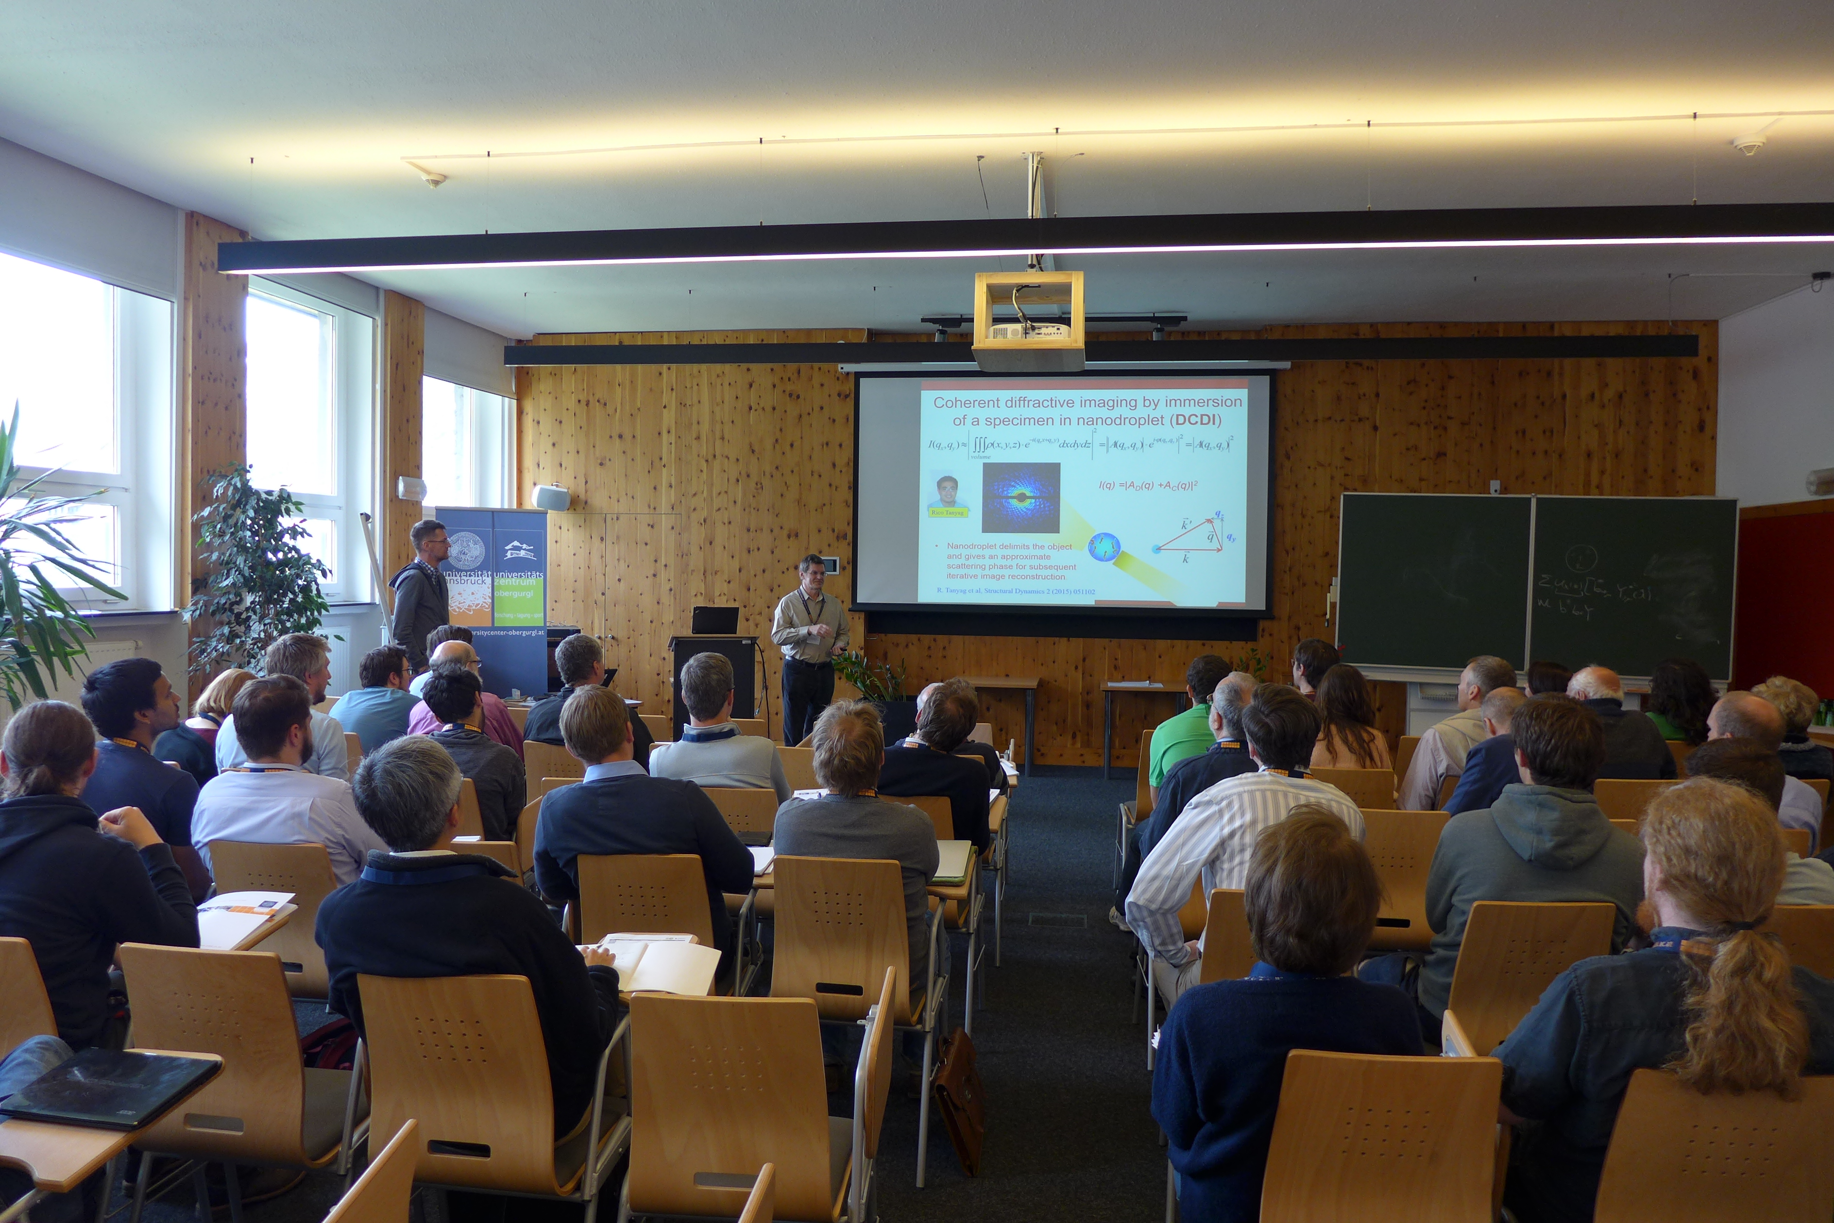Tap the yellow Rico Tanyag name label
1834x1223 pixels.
tap(948, 512)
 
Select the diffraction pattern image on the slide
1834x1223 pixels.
tap(1021, 497)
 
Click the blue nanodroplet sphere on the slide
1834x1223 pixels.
tap(1104, 547)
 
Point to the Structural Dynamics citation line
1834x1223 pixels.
tap(1015, 591)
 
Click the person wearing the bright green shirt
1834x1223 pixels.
tap(1182, 741)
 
